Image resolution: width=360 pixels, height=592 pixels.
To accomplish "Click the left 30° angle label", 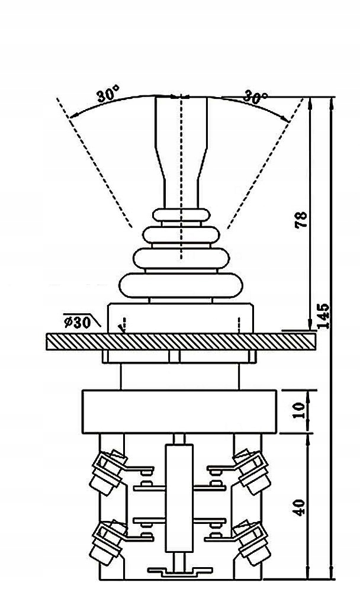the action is coord(108,95).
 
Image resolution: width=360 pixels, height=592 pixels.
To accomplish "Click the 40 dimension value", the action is coord(300,507).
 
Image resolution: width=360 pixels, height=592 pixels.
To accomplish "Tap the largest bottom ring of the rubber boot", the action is coord(180,287).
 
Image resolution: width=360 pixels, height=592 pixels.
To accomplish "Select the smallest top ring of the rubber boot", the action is coord(180,214).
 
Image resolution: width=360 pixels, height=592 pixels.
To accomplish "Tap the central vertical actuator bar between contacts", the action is coord(179,485).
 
